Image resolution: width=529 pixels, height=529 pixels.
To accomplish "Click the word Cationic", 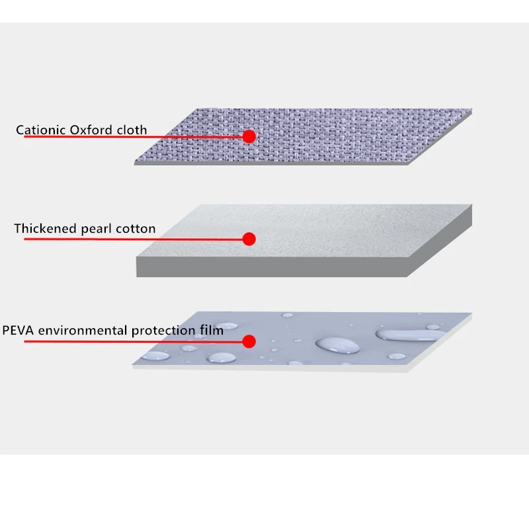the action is [x=41, y=130].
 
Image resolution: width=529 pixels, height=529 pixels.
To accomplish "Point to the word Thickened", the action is [x=44, y=229].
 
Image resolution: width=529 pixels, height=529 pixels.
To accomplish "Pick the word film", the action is [x=211, y=331].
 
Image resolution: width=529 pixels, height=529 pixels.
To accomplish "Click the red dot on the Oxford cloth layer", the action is [x=249, y=136].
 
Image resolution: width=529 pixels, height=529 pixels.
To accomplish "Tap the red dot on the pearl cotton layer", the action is [x=249, y=239].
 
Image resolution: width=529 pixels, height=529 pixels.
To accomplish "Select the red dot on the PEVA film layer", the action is [x=249, y=341].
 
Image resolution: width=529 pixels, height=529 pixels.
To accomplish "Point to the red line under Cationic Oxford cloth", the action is [x=132, y=137].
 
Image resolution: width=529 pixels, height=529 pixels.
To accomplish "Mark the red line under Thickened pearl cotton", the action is [x=132, y=239].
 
